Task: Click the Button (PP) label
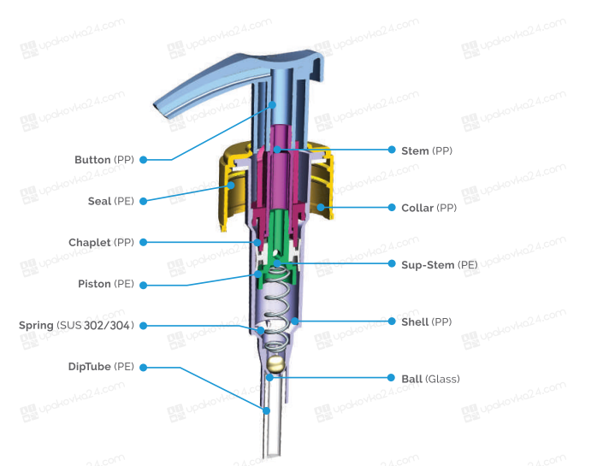point(104,160)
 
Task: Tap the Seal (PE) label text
point(111,201)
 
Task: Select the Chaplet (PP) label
point(102,242)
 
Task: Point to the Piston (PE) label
point(106,284)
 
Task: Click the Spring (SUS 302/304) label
point(76,325)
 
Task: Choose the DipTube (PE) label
point(101,367)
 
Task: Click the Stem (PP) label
point(427,150)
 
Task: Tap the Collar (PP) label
point(429,208)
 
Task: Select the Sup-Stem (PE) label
point(440,265)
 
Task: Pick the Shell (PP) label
point(426,321)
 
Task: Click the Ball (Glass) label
point(430,379)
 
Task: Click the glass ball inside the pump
point(275,364)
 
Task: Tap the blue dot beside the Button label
point(143,160)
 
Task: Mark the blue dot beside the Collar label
point(392,207)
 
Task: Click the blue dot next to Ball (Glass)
point(391,377)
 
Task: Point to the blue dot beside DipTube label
point(143,368)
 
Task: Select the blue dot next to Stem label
point(392,150)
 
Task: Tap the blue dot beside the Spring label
point(143,326)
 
